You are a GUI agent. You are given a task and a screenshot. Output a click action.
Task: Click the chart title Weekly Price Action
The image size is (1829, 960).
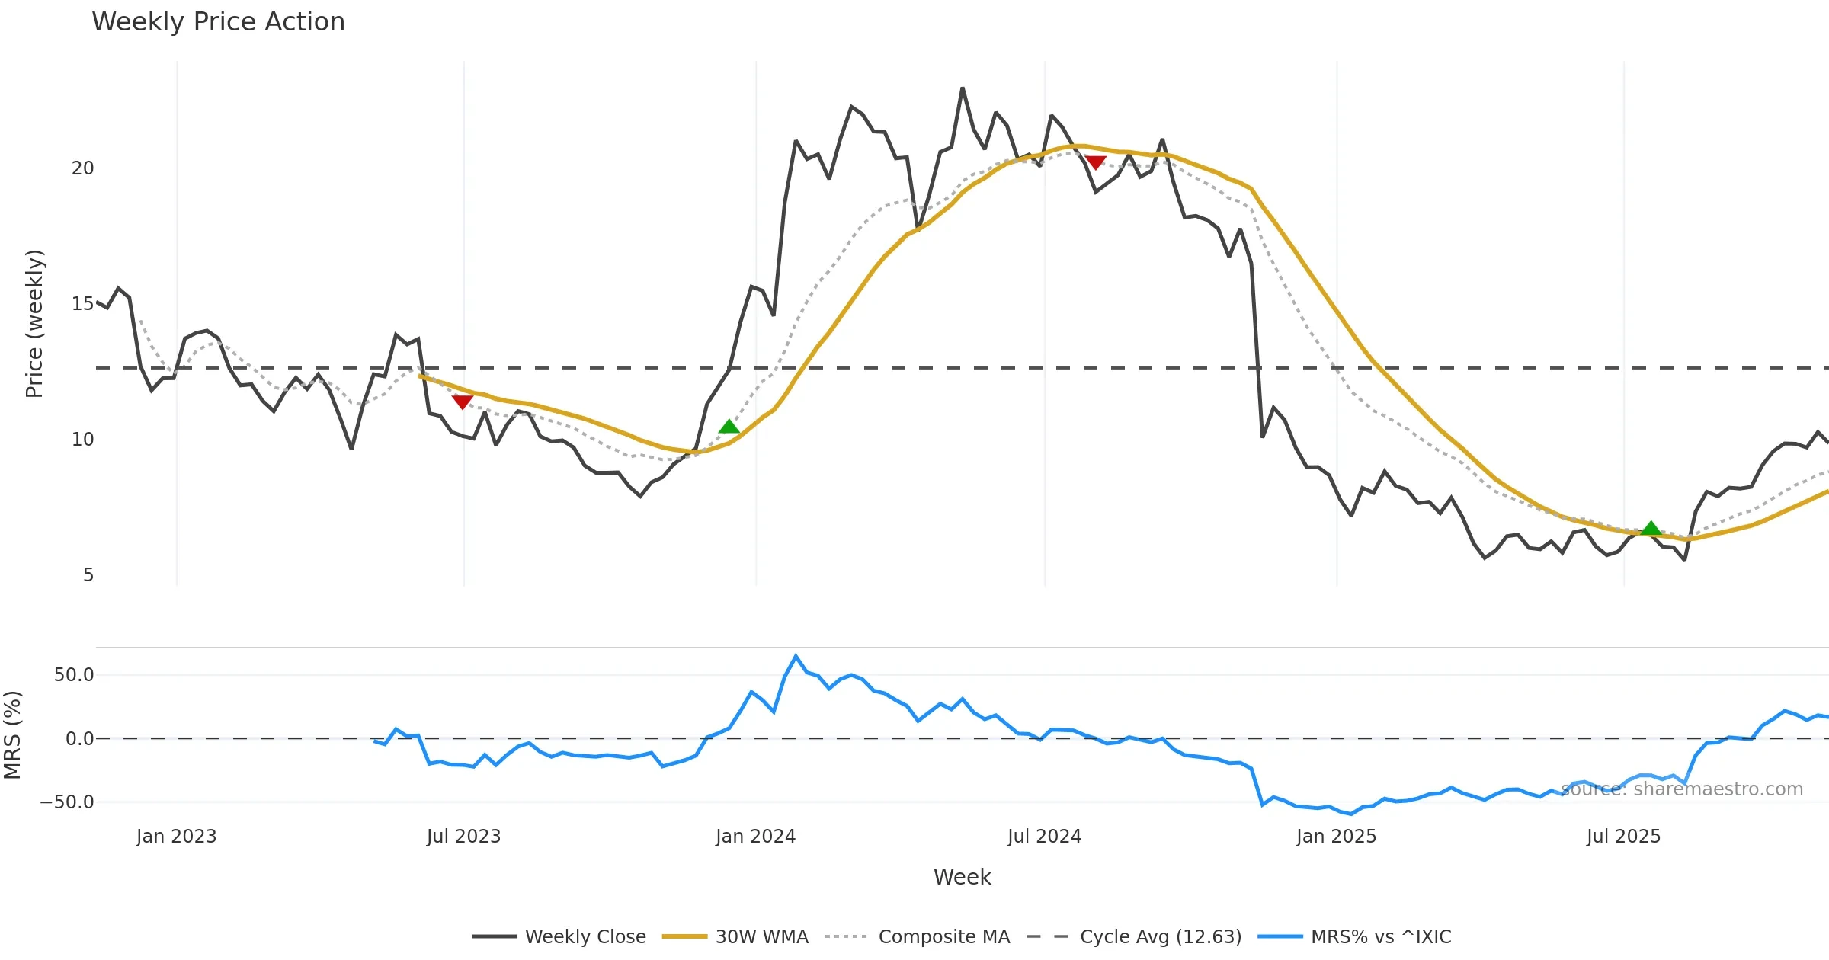pos(218,22)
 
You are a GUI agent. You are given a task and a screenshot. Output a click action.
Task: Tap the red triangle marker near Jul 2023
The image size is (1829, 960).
pos(462,402)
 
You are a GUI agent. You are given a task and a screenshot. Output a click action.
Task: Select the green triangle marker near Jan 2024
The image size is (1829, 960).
pos(729,427)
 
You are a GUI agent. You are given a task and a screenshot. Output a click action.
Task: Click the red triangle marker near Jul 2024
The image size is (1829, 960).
pos(1095,162)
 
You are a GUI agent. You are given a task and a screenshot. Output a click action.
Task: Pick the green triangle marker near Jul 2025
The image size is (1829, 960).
pos(1651,528)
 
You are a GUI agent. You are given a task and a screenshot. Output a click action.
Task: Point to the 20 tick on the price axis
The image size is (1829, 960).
pos(82,168)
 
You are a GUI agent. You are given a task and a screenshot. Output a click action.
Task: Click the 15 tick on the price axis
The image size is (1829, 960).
pos(82,304)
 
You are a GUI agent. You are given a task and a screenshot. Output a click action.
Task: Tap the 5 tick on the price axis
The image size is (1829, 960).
pos(88,575)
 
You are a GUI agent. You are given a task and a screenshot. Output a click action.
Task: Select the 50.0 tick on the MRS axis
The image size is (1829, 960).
pos(74,675)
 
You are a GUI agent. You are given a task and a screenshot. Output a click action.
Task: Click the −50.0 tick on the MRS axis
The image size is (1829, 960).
pos(67,802)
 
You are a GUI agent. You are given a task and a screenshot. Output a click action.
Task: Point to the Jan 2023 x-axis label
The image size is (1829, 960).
pos(176,837)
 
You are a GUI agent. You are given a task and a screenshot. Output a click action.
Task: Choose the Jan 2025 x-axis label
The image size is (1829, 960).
pos(1336,837)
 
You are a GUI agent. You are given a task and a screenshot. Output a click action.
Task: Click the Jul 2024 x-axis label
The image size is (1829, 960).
pos(1044,837)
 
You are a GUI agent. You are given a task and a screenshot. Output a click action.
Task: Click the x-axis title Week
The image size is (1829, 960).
pos(962,877)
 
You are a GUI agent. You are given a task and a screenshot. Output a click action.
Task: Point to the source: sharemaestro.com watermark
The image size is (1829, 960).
pos(1681,789)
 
